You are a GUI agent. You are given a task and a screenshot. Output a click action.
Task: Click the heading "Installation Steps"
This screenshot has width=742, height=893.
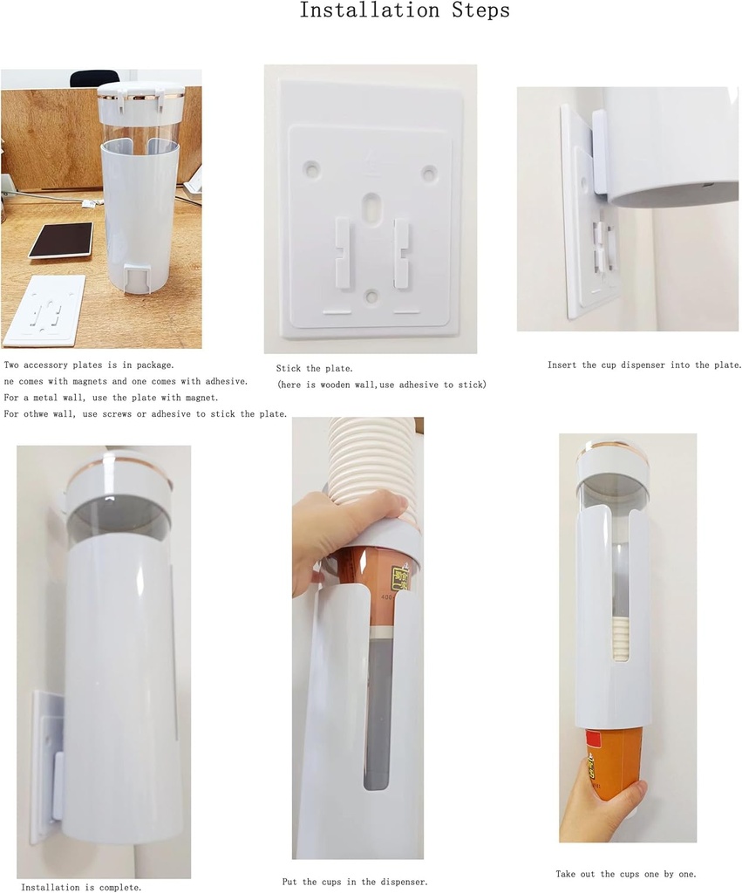click(405, 11)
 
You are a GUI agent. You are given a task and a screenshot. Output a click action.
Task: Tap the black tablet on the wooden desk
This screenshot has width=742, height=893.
click(61, 240)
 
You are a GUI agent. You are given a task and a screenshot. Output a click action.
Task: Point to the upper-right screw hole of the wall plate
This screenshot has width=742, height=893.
click(428, 174)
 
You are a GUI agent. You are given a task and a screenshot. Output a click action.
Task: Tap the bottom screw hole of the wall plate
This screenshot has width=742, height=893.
click(371, 297)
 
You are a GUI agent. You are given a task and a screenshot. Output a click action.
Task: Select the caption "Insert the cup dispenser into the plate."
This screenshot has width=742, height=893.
click(644, 365)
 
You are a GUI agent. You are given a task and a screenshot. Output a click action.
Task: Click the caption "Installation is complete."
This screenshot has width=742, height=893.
click(81, 887)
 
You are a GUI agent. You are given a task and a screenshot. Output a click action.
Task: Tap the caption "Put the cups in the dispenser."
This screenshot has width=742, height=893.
click(355, 882)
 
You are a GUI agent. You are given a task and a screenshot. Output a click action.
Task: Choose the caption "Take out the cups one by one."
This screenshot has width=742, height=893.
click(626, 874)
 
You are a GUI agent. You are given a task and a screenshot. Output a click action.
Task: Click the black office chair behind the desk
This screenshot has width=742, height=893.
click(94, 78)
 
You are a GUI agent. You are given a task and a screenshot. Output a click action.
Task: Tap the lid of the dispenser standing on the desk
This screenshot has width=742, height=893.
click(141, 102)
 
